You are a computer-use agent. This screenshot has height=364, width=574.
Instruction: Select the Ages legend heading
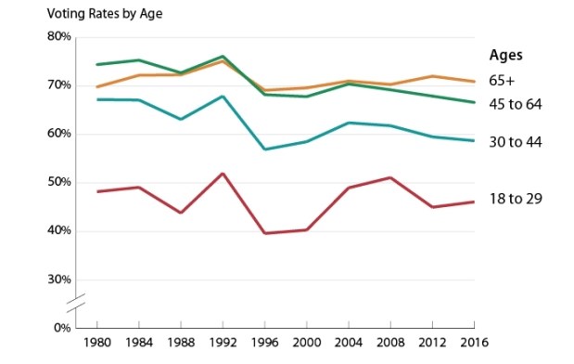pyautogui.click(x=505, y=54)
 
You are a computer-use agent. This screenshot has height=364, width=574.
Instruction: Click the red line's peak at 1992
pyautogui.click(x=223, y=173)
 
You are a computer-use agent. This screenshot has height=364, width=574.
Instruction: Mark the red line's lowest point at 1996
pyautogui.click(x=265, y=233)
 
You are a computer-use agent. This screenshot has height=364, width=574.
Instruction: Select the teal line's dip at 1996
pyautogui.click(x=265, y=149)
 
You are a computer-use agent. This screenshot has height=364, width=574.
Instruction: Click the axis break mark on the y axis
pyautogui.click(x=78, y=302)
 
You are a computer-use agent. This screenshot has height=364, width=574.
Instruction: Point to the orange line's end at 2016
pyautogui.click(x=475, y=82)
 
